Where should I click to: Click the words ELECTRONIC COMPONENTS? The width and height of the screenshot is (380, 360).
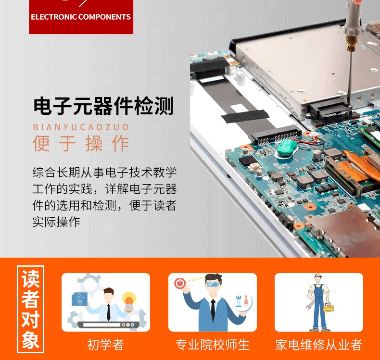click(81, 17)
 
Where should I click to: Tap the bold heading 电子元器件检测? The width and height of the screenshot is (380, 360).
click(103, 106)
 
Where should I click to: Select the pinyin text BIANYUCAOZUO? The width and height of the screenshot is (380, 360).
click(81, 127)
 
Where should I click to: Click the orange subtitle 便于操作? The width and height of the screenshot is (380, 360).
click(81, 144)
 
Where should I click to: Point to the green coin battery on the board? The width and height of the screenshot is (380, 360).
click(287, 148)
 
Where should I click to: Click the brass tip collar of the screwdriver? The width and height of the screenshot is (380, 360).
click(351, 43)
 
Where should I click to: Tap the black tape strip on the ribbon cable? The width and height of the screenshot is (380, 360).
click(245, 116)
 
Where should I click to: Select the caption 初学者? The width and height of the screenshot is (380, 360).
click(105, 345)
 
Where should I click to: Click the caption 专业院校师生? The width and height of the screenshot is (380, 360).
click(212, 345)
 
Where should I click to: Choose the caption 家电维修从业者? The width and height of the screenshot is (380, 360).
click(319, 345)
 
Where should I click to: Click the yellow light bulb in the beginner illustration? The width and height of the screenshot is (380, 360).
click(129, 301)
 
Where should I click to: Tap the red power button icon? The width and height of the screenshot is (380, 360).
click(180, 283)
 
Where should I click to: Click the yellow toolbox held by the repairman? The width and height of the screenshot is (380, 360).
click(329, 308)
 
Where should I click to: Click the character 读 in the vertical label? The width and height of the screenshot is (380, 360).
click(30, 279)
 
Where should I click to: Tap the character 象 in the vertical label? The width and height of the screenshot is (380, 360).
click(30, 340)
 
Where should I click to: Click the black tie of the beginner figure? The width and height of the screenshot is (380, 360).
click(109, 312)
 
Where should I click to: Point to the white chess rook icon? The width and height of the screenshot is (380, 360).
click(239, 301)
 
